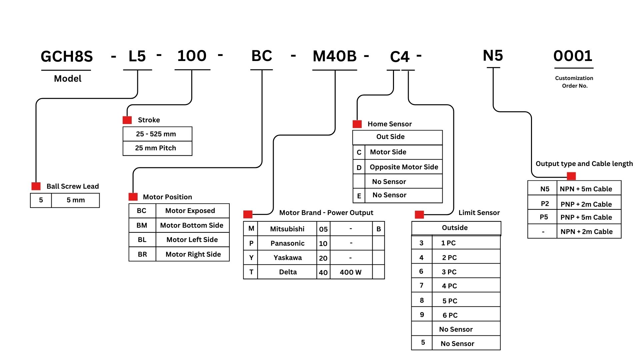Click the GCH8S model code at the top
coord(67,56)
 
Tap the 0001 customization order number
coord(573,56)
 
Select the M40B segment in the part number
coord(335,56)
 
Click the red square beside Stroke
coord(127,120)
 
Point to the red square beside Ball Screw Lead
coord(36,186)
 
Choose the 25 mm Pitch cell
coord(156,148)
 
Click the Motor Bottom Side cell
coord(192,225)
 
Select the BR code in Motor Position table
coord(142,254)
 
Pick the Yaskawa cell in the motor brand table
coord(287,258)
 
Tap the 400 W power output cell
coord(351,272)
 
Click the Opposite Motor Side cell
coord(404,167)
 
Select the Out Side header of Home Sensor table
coord(390,137)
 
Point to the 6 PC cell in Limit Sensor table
coord(450,315)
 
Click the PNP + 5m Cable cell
coord(586,217)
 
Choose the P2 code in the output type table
coord(545,204)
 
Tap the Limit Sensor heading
coord(479,213)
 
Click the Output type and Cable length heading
coord(584,164)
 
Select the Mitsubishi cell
coord(287,229)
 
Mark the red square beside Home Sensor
coord(357,124)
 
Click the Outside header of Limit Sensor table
coord(455,228)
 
